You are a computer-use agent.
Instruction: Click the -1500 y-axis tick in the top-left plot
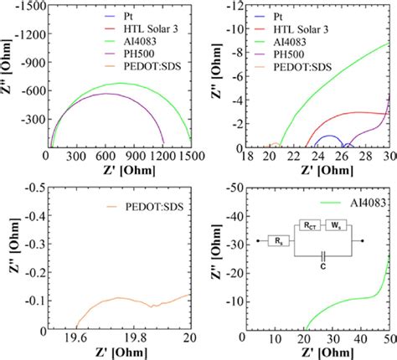click(x=28, y=6)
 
